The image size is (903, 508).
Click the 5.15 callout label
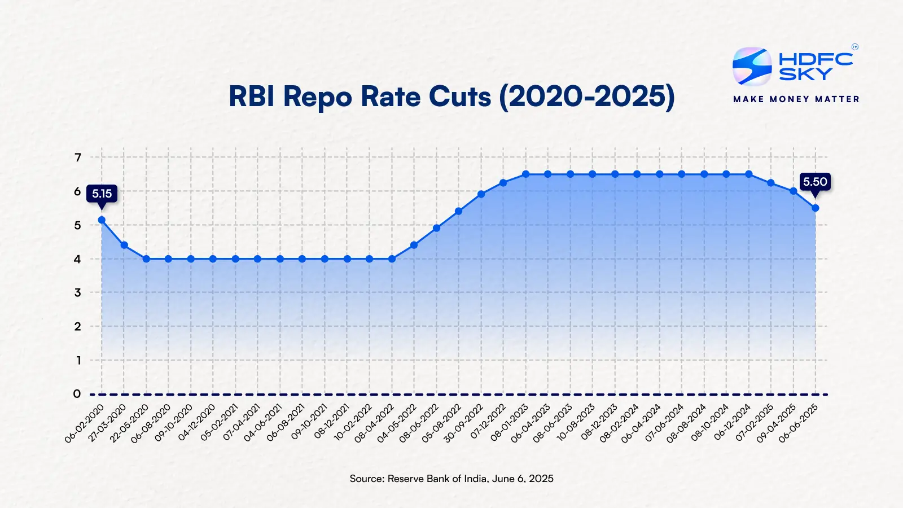click(x=102, y=194)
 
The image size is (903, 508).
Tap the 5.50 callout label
click(x=815, y=182)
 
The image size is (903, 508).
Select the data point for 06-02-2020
click(x=102, y=220)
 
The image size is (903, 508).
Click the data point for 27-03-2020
click(x=124, y=245)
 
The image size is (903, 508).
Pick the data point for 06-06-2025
click(x=815, y=208)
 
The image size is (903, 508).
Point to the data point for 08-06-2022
click(x=436, y=228)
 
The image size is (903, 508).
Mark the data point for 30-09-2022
click(x=481, y=194)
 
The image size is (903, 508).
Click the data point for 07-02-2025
click(x=771, y=183)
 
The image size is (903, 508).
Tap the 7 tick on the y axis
click(x=78, y=157)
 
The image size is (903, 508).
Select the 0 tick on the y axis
click(x=77, y=394)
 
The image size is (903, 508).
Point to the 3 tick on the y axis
click(x=78, y=292)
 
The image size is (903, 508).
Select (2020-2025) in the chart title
click(x=586, y=97)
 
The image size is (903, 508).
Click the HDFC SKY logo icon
click(x=752, y=67)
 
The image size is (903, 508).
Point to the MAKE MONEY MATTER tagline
click(x=796, y=99)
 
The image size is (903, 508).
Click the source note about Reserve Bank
click(x=451, y=479)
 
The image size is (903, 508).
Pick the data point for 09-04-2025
click(x=793, y=191)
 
